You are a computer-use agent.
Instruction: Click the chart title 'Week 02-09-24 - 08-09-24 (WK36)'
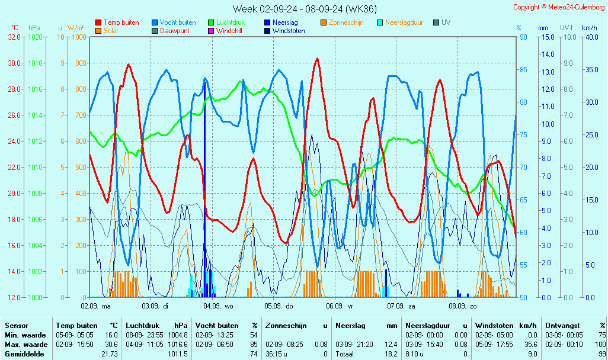pos(304,9)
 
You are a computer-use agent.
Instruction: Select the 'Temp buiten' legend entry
pos(121,22)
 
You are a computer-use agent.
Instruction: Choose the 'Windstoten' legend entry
pos(289,31)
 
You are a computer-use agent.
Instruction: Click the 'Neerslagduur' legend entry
pos(404,22)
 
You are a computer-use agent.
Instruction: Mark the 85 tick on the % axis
pos(523,69)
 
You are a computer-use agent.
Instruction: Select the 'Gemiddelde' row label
pos(24,353)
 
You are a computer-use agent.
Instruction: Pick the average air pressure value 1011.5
pos(178,353)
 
